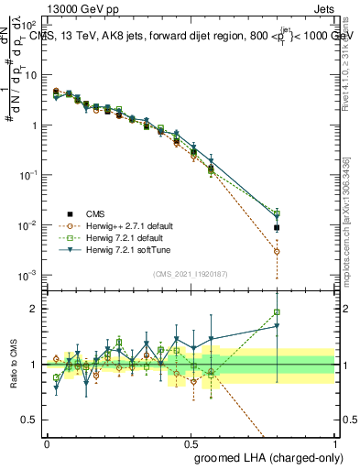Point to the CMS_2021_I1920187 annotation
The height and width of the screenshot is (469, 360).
point(190,273)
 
